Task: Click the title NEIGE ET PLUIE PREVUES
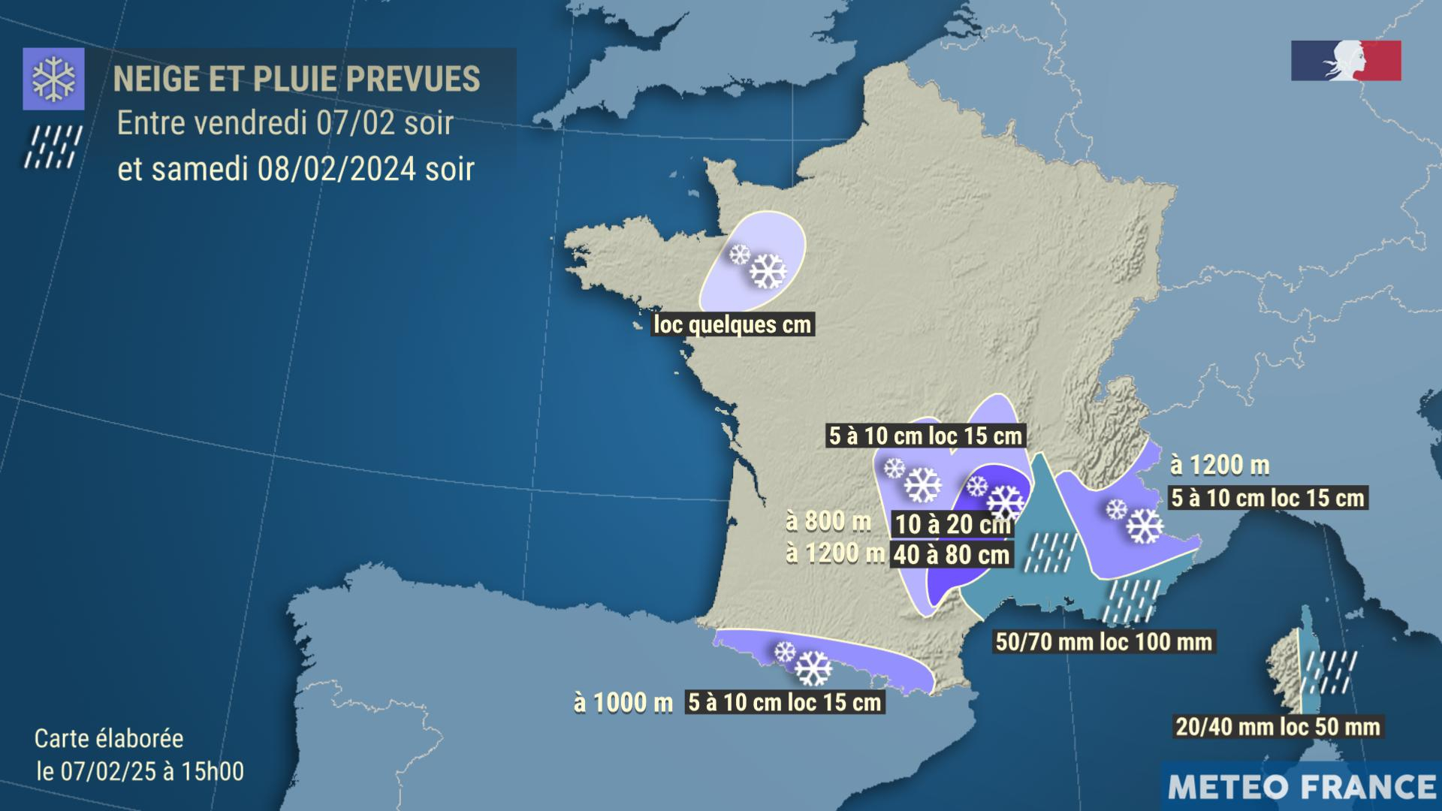(296, 79)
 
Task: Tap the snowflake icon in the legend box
(53, 79)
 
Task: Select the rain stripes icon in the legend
(53, 147)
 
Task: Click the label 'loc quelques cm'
(732, 324)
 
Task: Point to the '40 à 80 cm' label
(952, 555)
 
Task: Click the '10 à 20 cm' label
(952, 523)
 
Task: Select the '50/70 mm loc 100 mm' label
(1103, 641)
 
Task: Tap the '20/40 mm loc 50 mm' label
(1278, 726)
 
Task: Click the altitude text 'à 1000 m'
(623, 702)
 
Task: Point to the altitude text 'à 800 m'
(828, 520)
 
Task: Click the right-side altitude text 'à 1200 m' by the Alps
(1220, 466)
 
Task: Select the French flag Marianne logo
(1346, 61)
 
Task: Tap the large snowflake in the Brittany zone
(768, 271)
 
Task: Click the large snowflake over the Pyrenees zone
(813, 668)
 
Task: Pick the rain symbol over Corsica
(1330, 672)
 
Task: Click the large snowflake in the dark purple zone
(1006, 502)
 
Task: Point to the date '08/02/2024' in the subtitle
(336, 169)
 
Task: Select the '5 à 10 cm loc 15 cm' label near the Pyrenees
(784, 702)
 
